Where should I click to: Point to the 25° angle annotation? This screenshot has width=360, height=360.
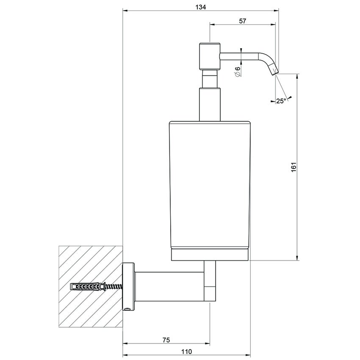(x=280, y=101)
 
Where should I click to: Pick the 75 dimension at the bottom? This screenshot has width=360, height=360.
(x=166, y=340)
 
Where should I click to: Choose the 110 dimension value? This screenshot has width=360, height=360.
(x=187, y=352)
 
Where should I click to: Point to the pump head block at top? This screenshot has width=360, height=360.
(x=210, y=56)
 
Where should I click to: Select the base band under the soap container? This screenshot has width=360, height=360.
(x=210, y=255)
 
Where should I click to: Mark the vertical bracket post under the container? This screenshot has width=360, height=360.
(x=210, y=282)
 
